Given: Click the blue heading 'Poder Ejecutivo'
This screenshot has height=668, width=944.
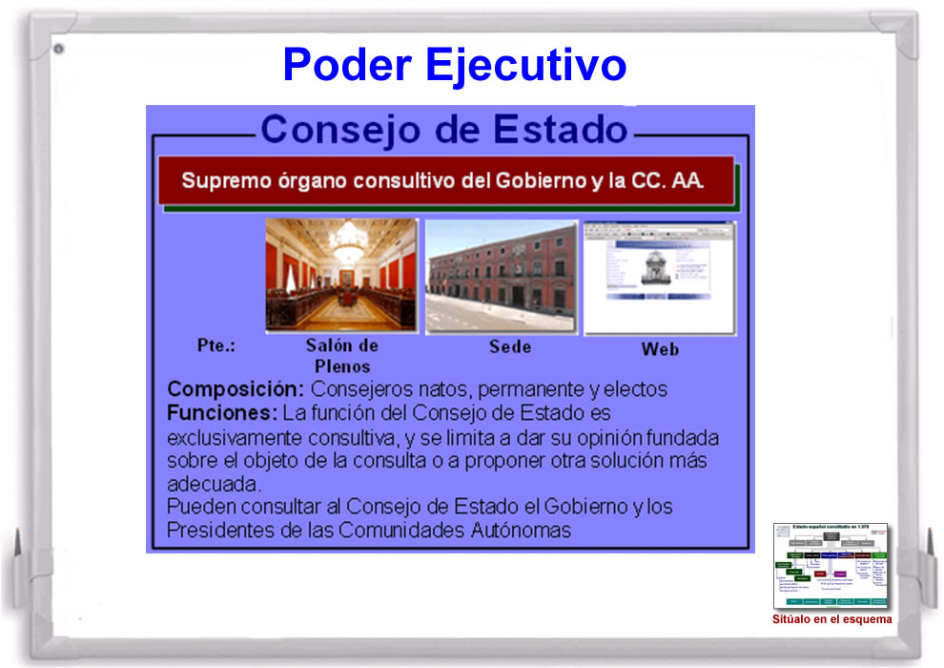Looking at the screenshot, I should [454, 64].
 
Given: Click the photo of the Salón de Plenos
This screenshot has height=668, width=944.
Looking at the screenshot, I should [341, 275].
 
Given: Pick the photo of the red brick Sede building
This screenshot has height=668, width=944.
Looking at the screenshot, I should [502, 277].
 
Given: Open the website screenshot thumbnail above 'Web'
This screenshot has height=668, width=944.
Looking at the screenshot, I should [659, 278].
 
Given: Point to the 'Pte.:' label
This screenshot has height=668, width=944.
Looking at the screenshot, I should [215, 345].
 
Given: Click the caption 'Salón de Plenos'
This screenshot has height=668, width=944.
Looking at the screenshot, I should [342, 355].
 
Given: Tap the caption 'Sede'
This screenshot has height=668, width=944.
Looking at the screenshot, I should [510, 346].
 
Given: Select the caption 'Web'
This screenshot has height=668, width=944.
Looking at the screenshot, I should [660, 349].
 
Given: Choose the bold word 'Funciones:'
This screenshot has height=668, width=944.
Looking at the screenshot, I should [222, 413].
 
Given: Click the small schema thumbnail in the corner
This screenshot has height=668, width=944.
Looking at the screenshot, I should [831, 566].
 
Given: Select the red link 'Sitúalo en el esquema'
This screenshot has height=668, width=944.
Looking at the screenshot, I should [831, 619].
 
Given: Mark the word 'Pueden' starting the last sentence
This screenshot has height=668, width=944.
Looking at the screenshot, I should [196, 506].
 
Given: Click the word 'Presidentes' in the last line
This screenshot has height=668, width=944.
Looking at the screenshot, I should [216, 530].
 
